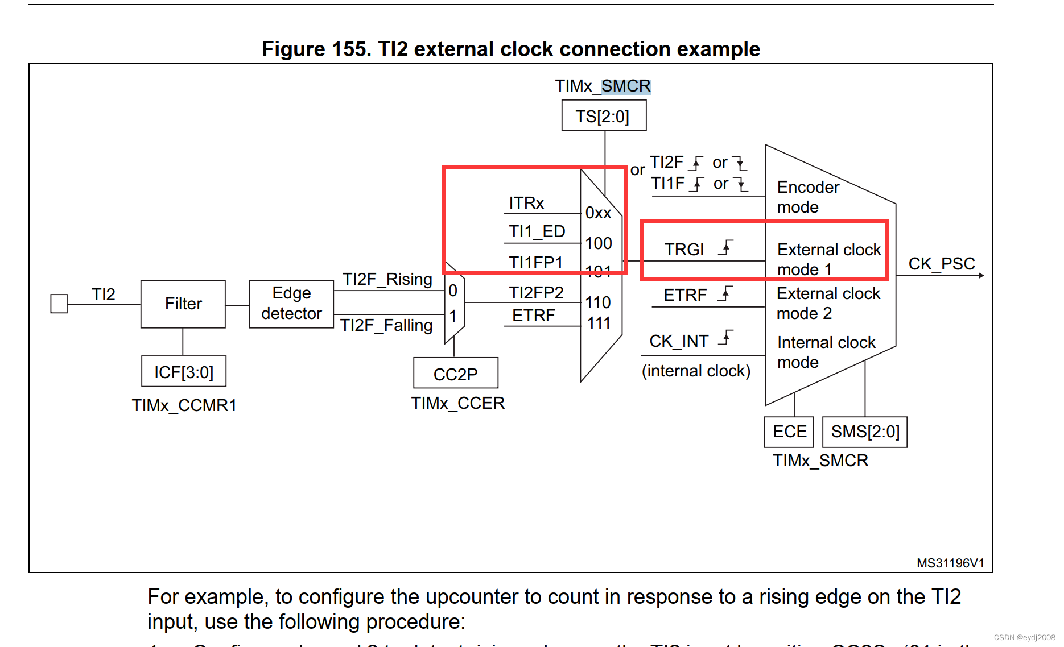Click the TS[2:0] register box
pyautogui.click(x=603, y=116)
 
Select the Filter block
pyautogui.click(x=183, y=304)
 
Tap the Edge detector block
pyautogui.click(x=291, y=304)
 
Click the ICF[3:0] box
pyautogui.click(x=183, y=372)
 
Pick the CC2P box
pyautogui.click(x=455, y=374)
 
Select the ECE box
pyautogui.click(x=789, y=432)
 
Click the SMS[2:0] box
pyautogui.click(x=864, y=432)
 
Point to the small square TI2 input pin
pyautogui.click(x=59, y=304)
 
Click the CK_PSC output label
pyautogui.click(x=941, y=264)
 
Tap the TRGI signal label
pyautogui.click(x=684, y=250)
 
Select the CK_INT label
pyautogui.click(x=679, y=341)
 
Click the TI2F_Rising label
pyautogui.click(x=387, y=279)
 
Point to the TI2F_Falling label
pyautogui.click(x=386, y=325)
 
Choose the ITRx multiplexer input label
pyautogui.click(x=526, y=203)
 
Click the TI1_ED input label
pyautogui.click(x=537, y=231)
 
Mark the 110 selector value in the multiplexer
pyautogui.click(x=598, y=302)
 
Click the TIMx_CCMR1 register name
pyautogui.click(x=184, y=405)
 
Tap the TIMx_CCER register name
pyautogui.click(x=457, y=403)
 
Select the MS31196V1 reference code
pyautogui.click(x=950, y=563)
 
